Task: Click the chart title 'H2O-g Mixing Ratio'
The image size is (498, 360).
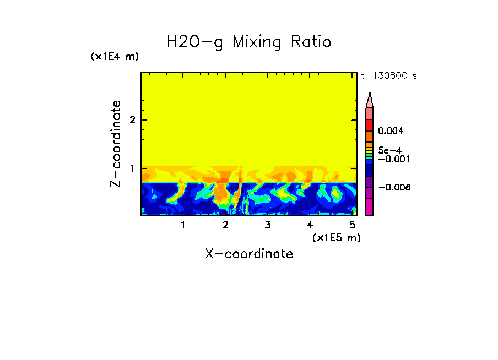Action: click(x=249, y=42)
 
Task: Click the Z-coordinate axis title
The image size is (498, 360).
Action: click(x=116, y=143)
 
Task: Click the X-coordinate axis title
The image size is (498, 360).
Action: click(x=249, y=254)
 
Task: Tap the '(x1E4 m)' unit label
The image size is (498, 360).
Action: click(x=115, y=57)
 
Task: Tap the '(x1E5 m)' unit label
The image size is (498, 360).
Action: click(x=336, y=237)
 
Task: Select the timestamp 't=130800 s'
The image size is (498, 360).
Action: click(x=388, y=76)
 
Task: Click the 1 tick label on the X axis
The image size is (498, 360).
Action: click(x=183, y=225)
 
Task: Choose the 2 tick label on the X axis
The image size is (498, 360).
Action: click(x=225, y=225)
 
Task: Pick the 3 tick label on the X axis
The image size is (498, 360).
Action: click(x=268, y=225)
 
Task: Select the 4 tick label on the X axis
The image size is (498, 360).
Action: click(x=310, y=225)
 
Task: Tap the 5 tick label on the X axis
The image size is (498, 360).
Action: click(x=353, y=225)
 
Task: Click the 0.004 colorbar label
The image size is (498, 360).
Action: click(x=391, y=131)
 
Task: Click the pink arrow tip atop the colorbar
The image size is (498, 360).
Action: click(x=370, y=100)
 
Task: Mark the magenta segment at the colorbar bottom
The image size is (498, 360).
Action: click(x=370, y=208)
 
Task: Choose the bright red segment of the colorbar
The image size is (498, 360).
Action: click(x=370, y=124)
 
